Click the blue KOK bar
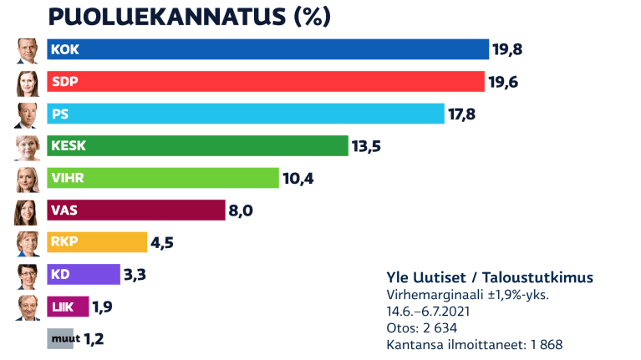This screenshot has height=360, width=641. [267, 49]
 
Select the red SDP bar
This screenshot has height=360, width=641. [266, 81]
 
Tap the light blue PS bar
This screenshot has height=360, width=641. [246, 114]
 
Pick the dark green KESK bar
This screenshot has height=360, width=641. [197, 145]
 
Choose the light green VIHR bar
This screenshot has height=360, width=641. [163, 178]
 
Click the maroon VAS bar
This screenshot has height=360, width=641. [136, 210]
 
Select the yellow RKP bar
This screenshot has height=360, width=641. [97, 242]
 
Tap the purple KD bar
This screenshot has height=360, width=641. [84, 274]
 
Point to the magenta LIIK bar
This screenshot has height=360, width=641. [68, 307]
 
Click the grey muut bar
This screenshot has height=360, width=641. [60, 338]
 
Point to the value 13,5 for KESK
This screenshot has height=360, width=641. [367, 146]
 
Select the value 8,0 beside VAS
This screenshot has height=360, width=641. [241, 210]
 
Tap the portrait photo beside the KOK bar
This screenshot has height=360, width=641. [28, 50]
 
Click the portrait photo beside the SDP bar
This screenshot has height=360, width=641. [28, 82]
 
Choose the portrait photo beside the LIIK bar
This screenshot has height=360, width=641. [28, 307]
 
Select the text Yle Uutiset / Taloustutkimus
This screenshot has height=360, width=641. [491, 277]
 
